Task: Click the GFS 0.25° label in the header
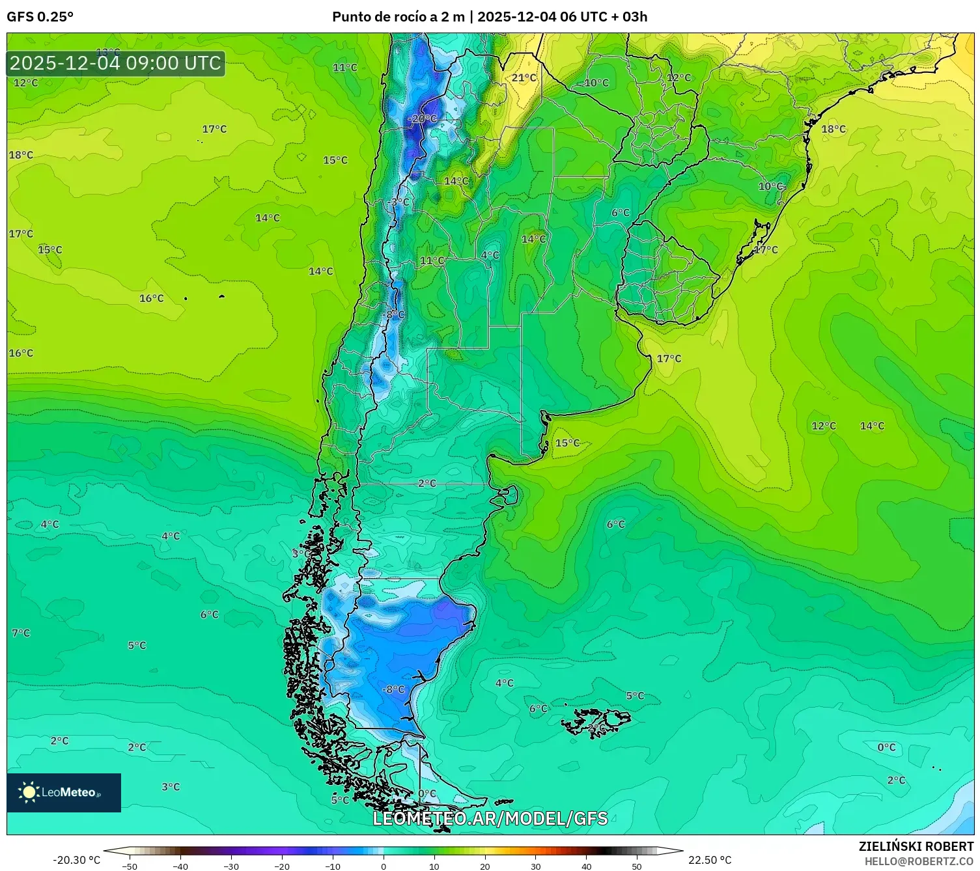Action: [40, 17]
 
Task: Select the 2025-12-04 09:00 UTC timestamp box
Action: [116, 64]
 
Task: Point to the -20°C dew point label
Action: [423, 119]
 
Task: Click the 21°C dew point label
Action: [524, 78]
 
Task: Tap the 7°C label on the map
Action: [21, 633]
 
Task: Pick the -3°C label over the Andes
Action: [399, 202]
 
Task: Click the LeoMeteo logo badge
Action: [64, 792]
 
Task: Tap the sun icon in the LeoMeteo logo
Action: [29, 792]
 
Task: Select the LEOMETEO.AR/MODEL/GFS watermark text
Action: [490, 819]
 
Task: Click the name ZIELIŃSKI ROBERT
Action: [916, 846]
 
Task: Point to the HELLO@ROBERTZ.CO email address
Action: [919, 861]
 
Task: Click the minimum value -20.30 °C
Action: [76, 860]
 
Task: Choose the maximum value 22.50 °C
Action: [710, 860]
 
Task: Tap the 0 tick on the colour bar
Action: [384, 866]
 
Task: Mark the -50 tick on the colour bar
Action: [130, 866]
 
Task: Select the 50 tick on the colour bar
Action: [636, 866]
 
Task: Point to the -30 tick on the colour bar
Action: [231, 866]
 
